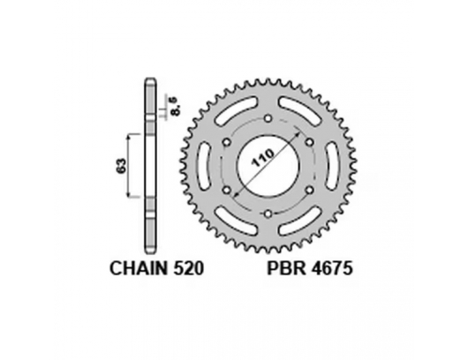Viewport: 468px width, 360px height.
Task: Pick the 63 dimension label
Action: coord(119,163)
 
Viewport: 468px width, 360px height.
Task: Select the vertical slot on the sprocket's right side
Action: coord(328,165)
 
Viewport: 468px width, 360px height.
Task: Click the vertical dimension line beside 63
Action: coord(131,164)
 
